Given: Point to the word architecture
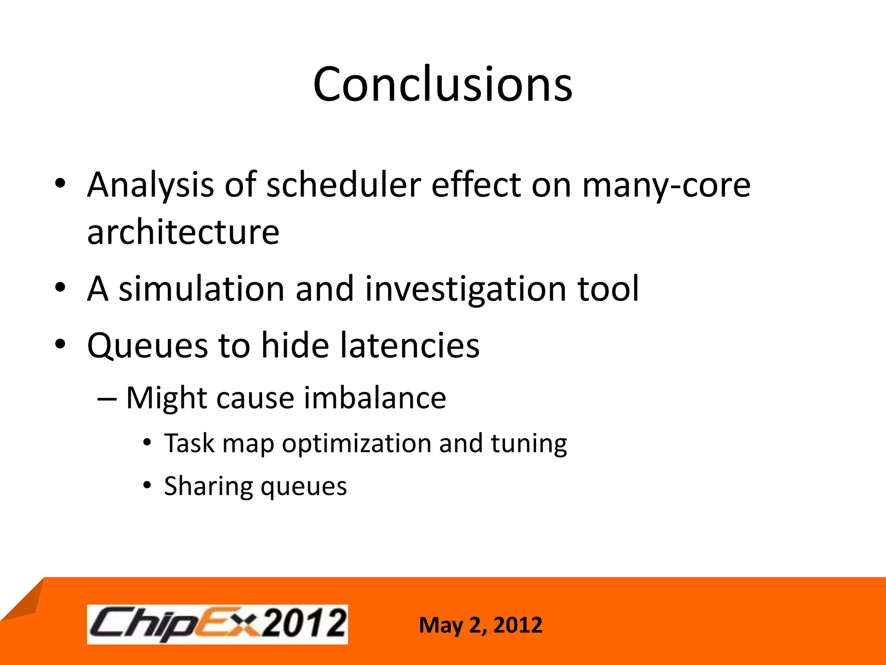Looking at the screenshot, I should point(183,232).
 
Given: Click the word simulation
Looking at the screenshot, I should point(202,289).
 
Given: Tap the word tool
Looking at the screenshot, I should point(608,289).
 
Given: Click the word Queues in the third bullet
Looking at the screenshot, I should point(147,346).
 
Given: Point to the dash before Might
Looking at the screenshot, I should point(107,398).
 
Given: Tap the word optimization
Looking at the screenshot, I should point(356,444).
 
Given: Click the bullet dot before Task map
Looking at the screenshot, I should point(147,443).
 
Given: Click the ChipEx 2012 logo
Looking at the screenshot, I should point(217,624).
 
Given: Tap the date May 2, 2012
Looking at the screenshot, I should point(480,625).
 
